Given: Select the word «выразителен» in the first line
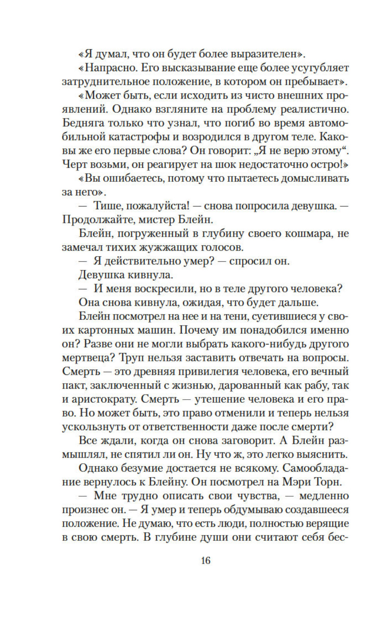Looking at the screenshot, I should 267,54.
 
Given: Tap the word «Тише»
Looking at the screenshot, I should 107,206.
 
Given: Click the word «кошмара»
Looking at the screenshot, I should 304,233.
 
